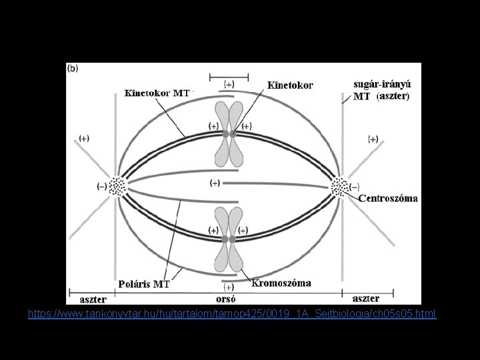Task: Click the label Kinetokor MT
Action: pos(157,93)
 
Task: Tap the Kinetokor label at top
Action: pos(290,85)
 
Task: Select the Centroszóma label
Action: pos(388,198)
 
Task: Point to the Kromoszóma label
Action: pos(281,283)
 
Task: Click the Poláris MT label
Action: pos(143,284)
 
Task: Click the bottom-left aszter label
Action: pos(93,299)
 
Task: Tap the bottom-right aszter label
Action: pos(365,299)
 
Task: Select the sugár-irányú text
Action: pos(382,85)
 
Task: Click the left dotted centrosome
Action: pos(117,186)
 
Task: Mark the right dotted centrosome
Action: pos(339,187)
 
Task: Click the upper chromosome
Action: pos(229,134)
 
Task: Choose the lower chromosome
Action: pos(229,239)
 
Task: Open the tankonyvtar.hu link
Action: pos(232,313)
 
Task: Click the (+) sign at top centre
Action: pos(229,85)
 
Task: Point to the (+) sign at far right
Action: pos(373,139)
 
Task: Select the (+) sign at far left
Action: pos(85,138)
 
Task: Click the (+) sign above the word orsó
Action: pos(229,287)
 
